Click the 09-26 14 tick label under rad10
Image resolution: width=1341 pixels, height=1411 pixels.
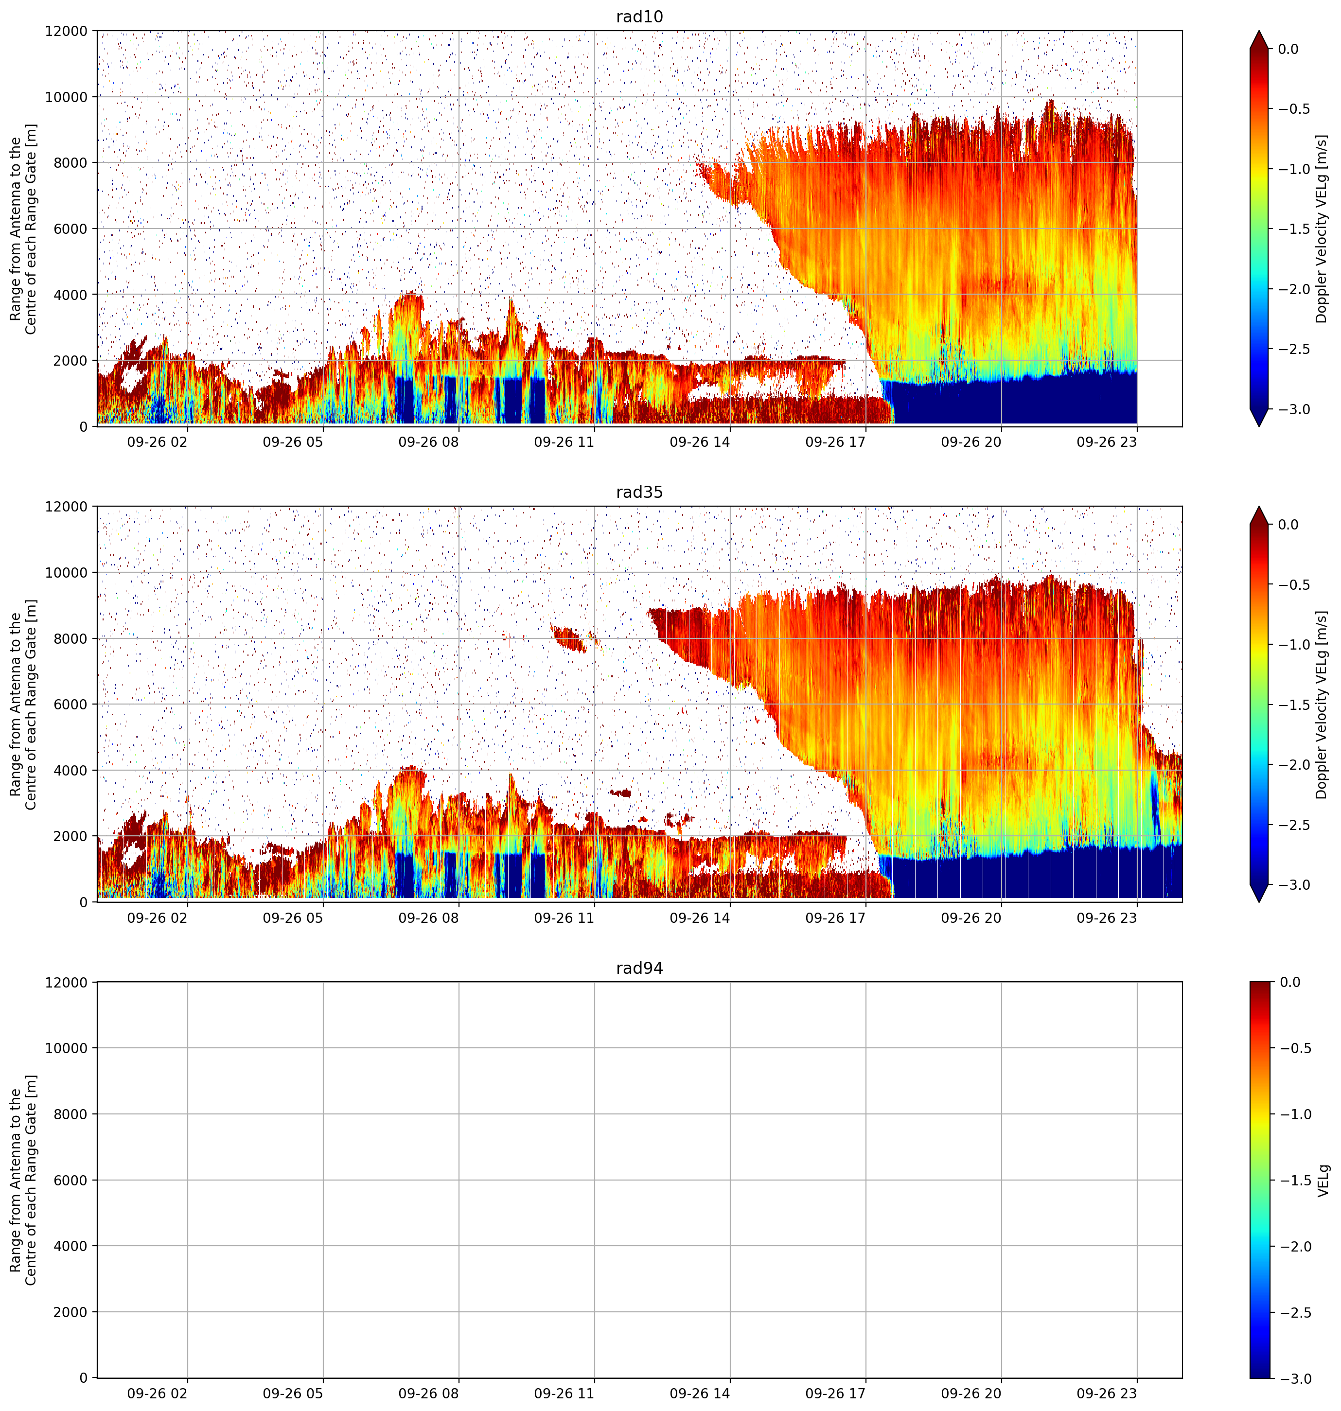point(700,442)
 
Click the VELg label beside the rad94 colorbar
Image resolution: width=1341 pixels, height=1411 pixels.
point(1323,1180)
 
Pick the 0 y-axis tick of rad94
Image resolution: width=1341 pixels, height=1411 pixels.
point(84,1377)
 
